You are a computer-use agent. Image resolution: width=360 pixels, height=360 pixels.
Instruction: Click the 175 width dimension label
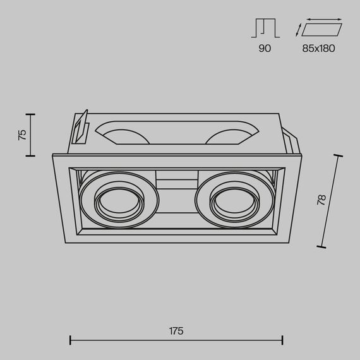tap(176, 331)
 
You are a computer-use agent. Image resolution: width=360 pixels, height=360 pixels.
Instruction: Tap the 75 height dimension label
tap(22, 135)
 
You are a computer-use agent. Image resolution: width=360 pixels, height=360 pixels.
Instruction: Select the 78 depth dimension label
tap(321, 200)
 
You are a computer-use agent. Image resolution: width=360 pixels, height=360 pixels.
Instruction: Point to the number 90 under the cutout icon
tap(265, 48)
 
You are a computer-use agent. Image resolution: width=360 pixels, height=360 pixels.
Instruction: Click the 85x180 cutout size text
tap(318, 48)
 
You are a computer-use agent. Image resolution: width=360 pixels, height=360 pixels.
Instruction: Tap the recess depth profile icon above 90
tap(265, 28)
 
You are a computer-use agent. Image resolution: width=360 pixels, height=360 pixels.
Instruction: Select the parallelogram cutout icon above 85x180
tap(321, 30)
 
